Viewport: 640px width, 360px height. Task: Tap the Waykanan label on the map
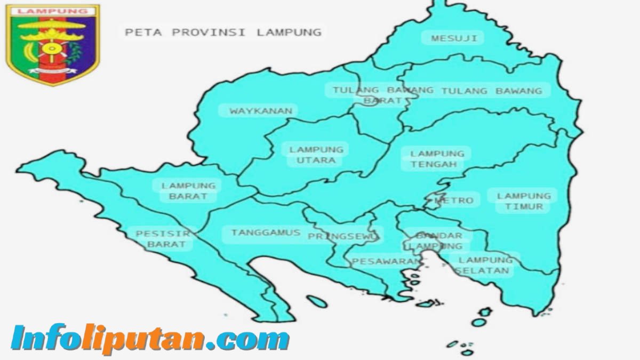[261, 111]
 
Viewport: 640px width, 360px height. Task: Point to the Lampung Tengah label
[437, 159]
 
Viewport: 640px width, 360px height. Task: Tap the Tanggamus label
[266, 233]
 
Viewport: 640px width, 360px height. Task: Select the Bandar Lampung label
[438, 241]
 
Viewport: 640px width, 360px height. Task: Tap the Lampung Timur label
[524, 201]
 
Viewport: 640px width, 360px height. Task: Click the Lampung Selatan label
[485, 265]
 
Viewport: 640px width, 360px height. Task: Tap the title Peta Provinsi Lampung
[223, 32]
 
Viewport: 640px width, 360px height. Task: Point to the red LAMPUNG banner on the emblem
[52, 11]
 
